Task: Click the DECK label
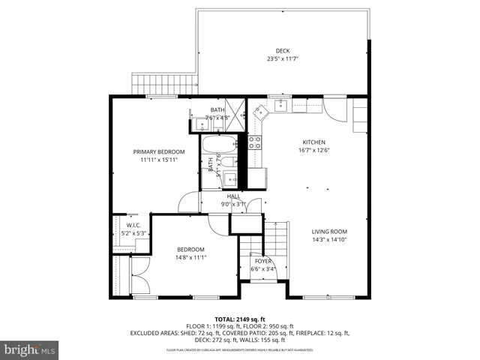282,51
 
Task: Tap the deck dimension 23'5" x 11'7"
282,58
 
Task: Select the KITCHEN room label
313,142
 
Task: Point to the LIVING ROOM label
329,231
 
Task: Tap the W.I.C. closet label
133,225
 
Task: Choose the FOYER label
262,262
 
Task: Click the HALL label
233,196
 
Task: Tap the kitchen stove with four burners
255,143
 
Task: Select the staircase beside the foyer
277,240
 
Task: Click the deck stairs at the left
163,85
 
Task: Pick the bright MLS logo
30,349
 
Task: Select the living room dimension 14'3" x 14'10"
329,239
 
